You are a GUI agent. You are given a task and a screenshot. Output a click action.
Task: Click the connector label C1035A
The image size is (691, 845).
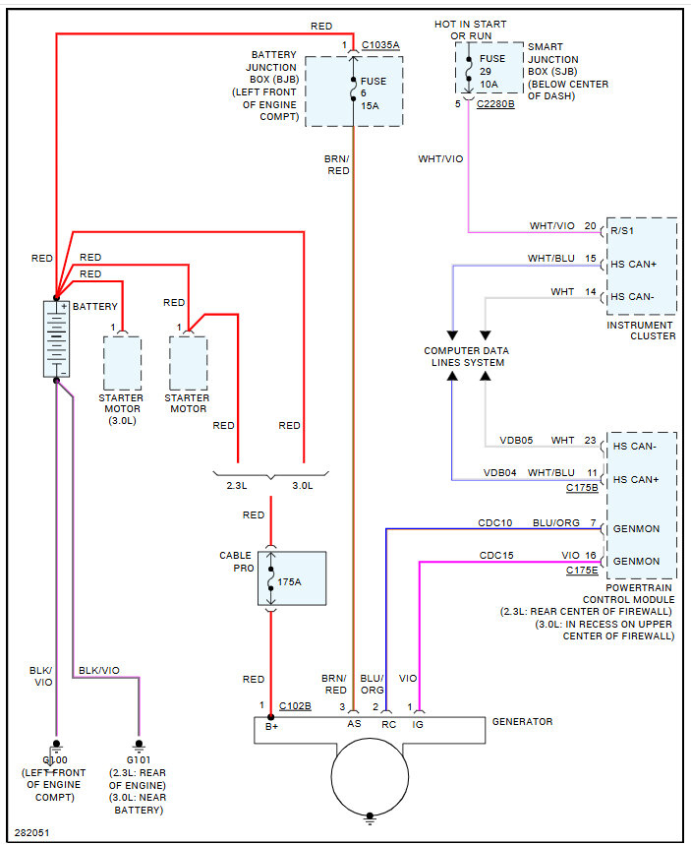coord(380,45)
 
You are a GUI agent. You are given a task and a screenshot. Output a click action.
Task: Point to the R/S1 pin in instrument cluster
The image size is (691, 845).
coord(622,231)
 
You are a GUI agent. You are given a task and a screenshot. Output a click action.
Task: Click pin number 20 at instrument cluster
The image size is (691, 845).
coord(590,226)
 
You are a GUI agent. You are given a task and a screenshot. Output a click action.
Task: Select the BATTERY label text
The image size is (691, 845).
coord(94,307)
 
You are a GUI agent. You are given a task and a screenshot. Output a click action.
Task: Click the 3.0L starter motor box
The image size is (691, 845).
coord(122,363)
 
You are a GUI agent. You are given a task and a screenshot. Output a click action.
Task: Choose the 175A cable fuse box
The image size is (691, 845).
coord(292,578)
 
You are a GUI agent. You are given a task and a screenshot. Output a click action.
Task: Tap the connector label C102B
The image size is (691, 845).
coord(295,705)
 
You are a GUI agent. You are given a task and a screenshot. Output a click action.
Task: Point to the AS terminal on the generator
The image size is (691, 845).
coord(354,723)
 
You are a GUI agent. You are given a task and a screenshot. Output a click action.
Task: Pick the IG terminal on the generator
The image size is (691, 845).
coord(419,723)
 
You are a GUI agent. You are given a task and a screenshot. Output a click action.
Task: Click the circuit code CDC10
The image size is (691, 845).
coord(495,523)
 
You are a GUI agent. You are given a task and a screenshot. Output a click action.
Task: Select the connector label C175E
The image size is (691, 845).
coord(581,571)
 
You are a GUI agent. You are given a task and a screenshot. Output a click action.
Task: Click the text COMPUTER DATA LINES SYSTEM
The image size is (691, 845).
coord(467,356)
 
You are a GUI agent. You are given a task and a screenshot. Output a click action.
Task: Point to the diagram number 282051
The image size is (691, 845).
coord(31,831)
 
